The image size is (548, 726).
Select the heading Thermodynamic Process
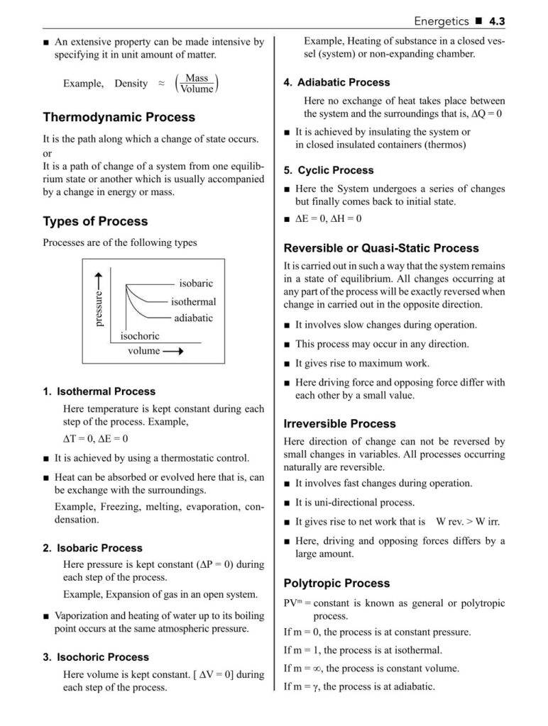(x=119, y=117)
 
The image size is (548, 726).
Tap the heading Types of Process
(x=95, y=221)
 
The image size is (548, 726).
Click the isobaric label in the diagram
(x=196, y=284)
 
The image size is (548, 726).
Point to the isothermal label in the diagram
(x=193, y=301)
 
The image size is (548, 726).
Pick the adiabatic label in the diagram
(x=193, y=318)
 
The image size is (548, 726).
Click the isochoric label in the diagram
(x=140, y=335)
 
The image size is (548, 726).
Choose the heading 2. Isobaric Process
(x=92, y=548)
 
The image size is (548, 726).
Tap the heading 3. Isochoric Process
(x=96, y=657)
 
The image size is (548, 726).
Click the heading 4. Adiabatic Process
(x=336, y=83)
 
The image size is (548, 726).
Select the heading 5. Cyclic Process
(x=328, y=171)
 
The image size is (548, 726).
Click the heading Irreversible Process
(x=339, y=424)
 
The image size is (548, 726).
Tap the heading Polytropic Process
(x=336, y=583)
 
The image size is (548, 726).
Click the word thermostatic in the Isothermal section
(x=183, y=458)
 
